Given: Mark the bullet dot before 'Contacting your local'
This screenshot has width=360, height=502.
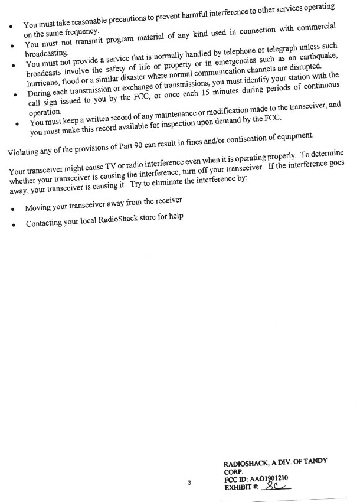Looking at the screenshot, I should [x=14, y=226].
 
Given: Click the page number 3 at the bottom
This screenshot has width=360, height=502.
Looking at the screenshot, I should [x=189, y=483].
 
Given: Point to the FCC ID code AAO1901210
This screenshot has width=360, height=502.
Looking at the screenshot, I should [x=272, y=479].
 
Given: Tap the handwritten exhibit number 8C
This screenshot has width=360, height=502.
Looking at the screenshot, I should [x=273, y=487].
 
